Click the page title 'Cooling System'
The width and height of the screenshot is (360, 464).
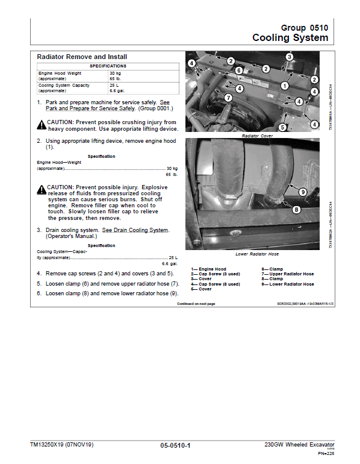coord(290,38)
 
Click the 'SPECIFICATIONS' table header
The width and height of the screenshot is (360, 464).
coord(108,65)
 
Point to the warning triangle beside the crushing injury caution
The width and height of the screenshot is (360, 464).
coord(41,124)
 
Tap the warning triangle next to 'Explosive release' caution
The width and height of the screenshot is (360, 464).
coord(41,189)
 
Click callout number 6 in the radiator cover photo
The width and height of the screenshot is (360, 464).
coord(239,71)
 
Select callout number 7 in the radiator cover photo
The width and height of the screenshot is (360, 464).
coord(228,98)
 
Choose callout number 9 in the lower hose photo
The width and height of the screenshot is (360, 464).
coord(303,192)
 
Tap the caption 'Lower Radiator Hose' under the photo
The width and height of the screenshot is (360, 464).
coord(258,254)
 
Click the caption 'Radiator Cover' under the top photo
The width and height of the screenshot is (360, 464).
coord(258,136)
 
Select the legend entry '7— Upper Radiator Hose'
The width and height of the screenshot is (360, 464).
coord(288,274)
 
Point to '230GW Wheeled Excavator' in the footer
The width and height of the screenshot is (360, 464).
coord(299,445)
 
